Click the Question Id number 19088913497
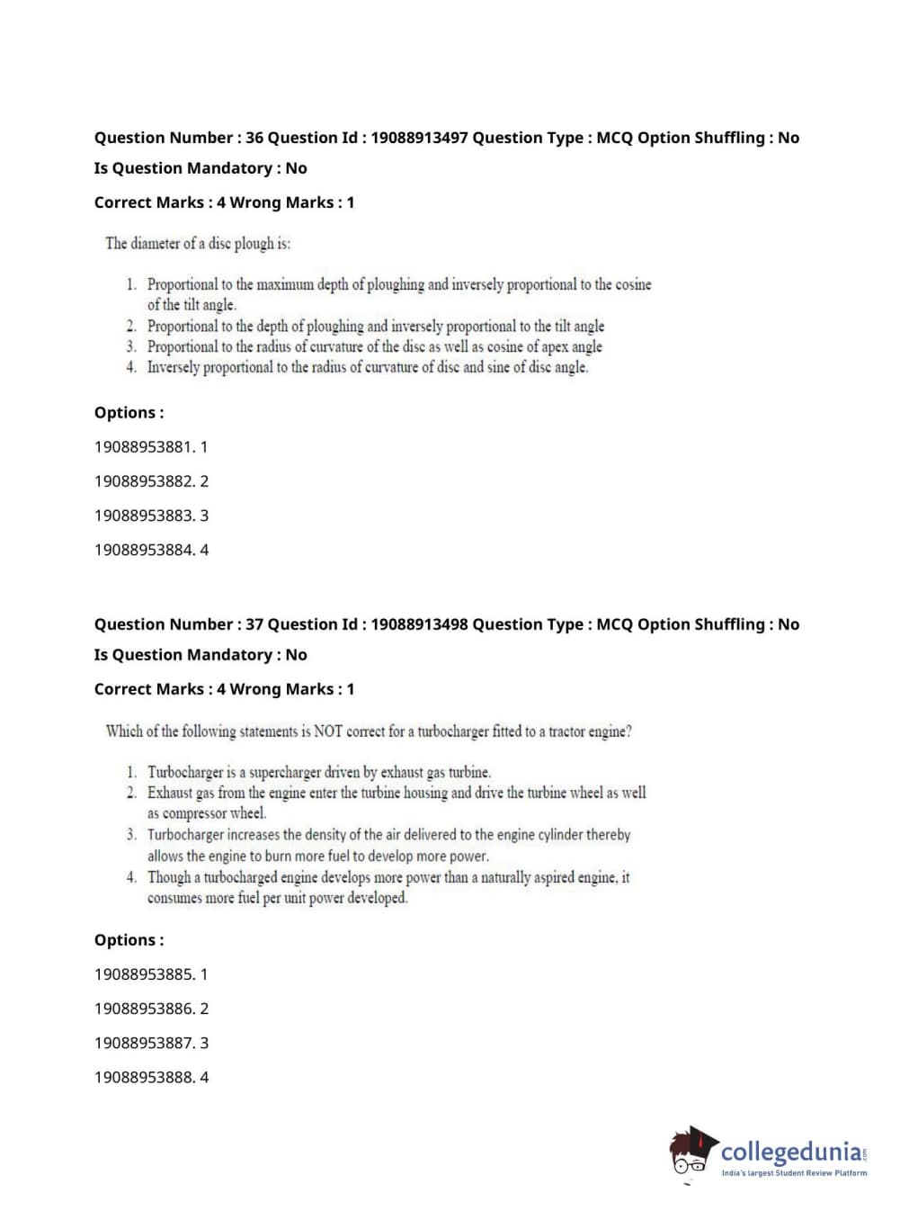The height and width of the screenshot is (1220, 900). pos(419,138)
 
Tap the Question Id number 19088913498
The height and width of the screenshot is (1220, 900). pos(419,624)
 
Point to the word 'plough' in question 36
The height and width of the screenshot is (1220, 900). pos(254,244)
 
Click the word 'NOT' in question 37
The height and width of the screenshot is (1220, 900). pos(328,731)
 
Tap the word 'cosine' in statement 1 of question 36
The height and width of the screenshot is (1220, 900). pos(633,284)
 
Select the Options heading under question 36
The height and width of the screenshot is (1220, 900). pos(129,413)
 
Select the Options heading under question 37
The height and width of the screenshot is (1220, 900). pos(129,940)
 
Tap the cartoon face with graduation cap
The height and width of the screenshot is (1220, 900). pos(692,1151)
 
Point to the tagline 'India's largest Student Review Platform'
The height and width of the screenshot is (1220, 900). pos(794,1173)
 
